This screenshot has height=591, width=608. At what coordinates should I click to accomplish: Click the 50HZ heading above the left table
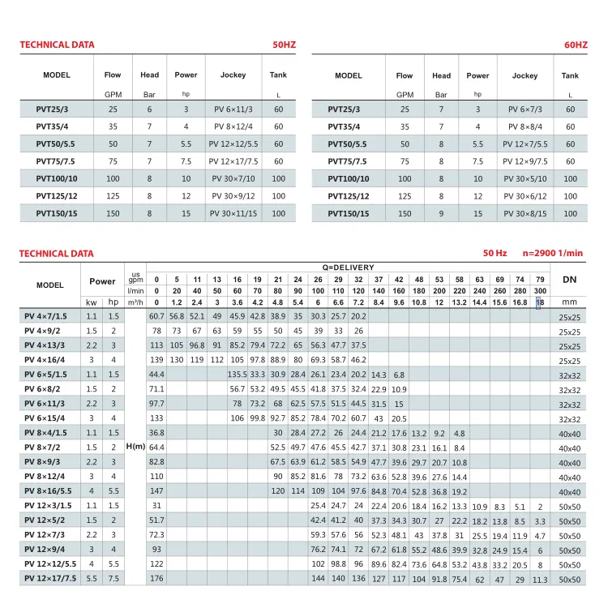click(x=283, y=45)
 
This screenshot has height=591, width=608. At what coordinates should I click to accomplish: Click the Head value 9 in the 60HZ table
click(x=441, y=213)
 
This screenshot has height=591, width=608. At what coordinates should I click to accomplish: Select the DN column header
click(x=569, y=279)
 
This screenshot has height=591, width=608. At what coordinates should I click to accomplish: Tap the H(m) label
click(x=135, y=447)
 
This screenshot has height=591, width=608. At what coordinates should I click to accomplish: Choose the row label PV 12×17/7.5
click(x=50, y=578)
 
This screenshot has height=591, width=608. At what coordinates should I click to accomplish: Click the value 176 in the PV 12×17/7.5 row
click(x=157, y=578)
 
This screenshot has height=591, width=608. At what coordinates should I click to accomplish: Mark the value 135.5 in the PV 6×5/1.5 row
click(x=237, y=374)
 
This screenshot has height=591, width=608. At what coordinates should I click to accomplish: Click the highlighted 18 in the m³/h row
click(x=540, y=302)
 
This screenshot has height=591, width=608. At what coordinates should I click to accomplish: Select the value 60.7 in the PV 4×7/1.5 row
click(x=157, y=315)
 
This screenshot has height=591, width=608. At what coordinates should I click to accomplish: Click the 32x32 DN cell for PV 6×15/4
click(x=569, y=418)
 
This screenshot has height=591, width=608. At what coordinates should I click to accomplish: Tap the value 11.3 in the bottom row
click(x=540, y=578)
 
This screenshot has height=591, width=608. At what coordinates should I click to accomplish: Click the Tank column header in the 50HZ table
click(x=278, y=75)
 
